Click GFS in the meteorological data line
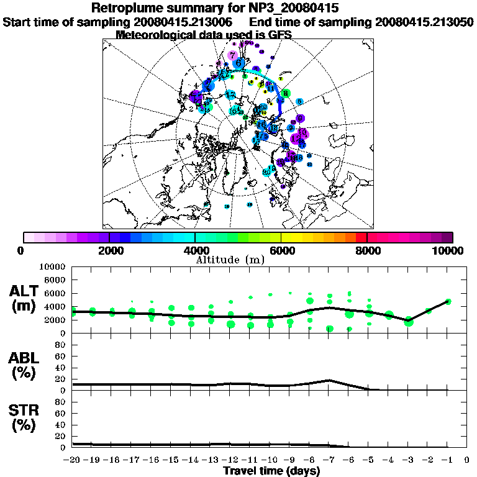point(279,35)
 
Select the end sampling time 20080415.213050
point(425,22)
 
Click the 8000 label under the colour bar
point(367,250)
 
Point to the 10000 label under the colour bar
point(448,250)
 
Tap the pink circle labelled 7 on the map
point(232,55)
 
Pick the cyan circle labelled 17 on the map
point(230,94)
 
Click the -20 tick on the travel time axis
point(73,460)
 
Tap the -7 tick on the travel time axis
point(329,460)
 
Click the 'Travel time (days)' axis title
point(271,471)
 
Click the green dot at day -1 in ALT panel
point(448,302)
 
